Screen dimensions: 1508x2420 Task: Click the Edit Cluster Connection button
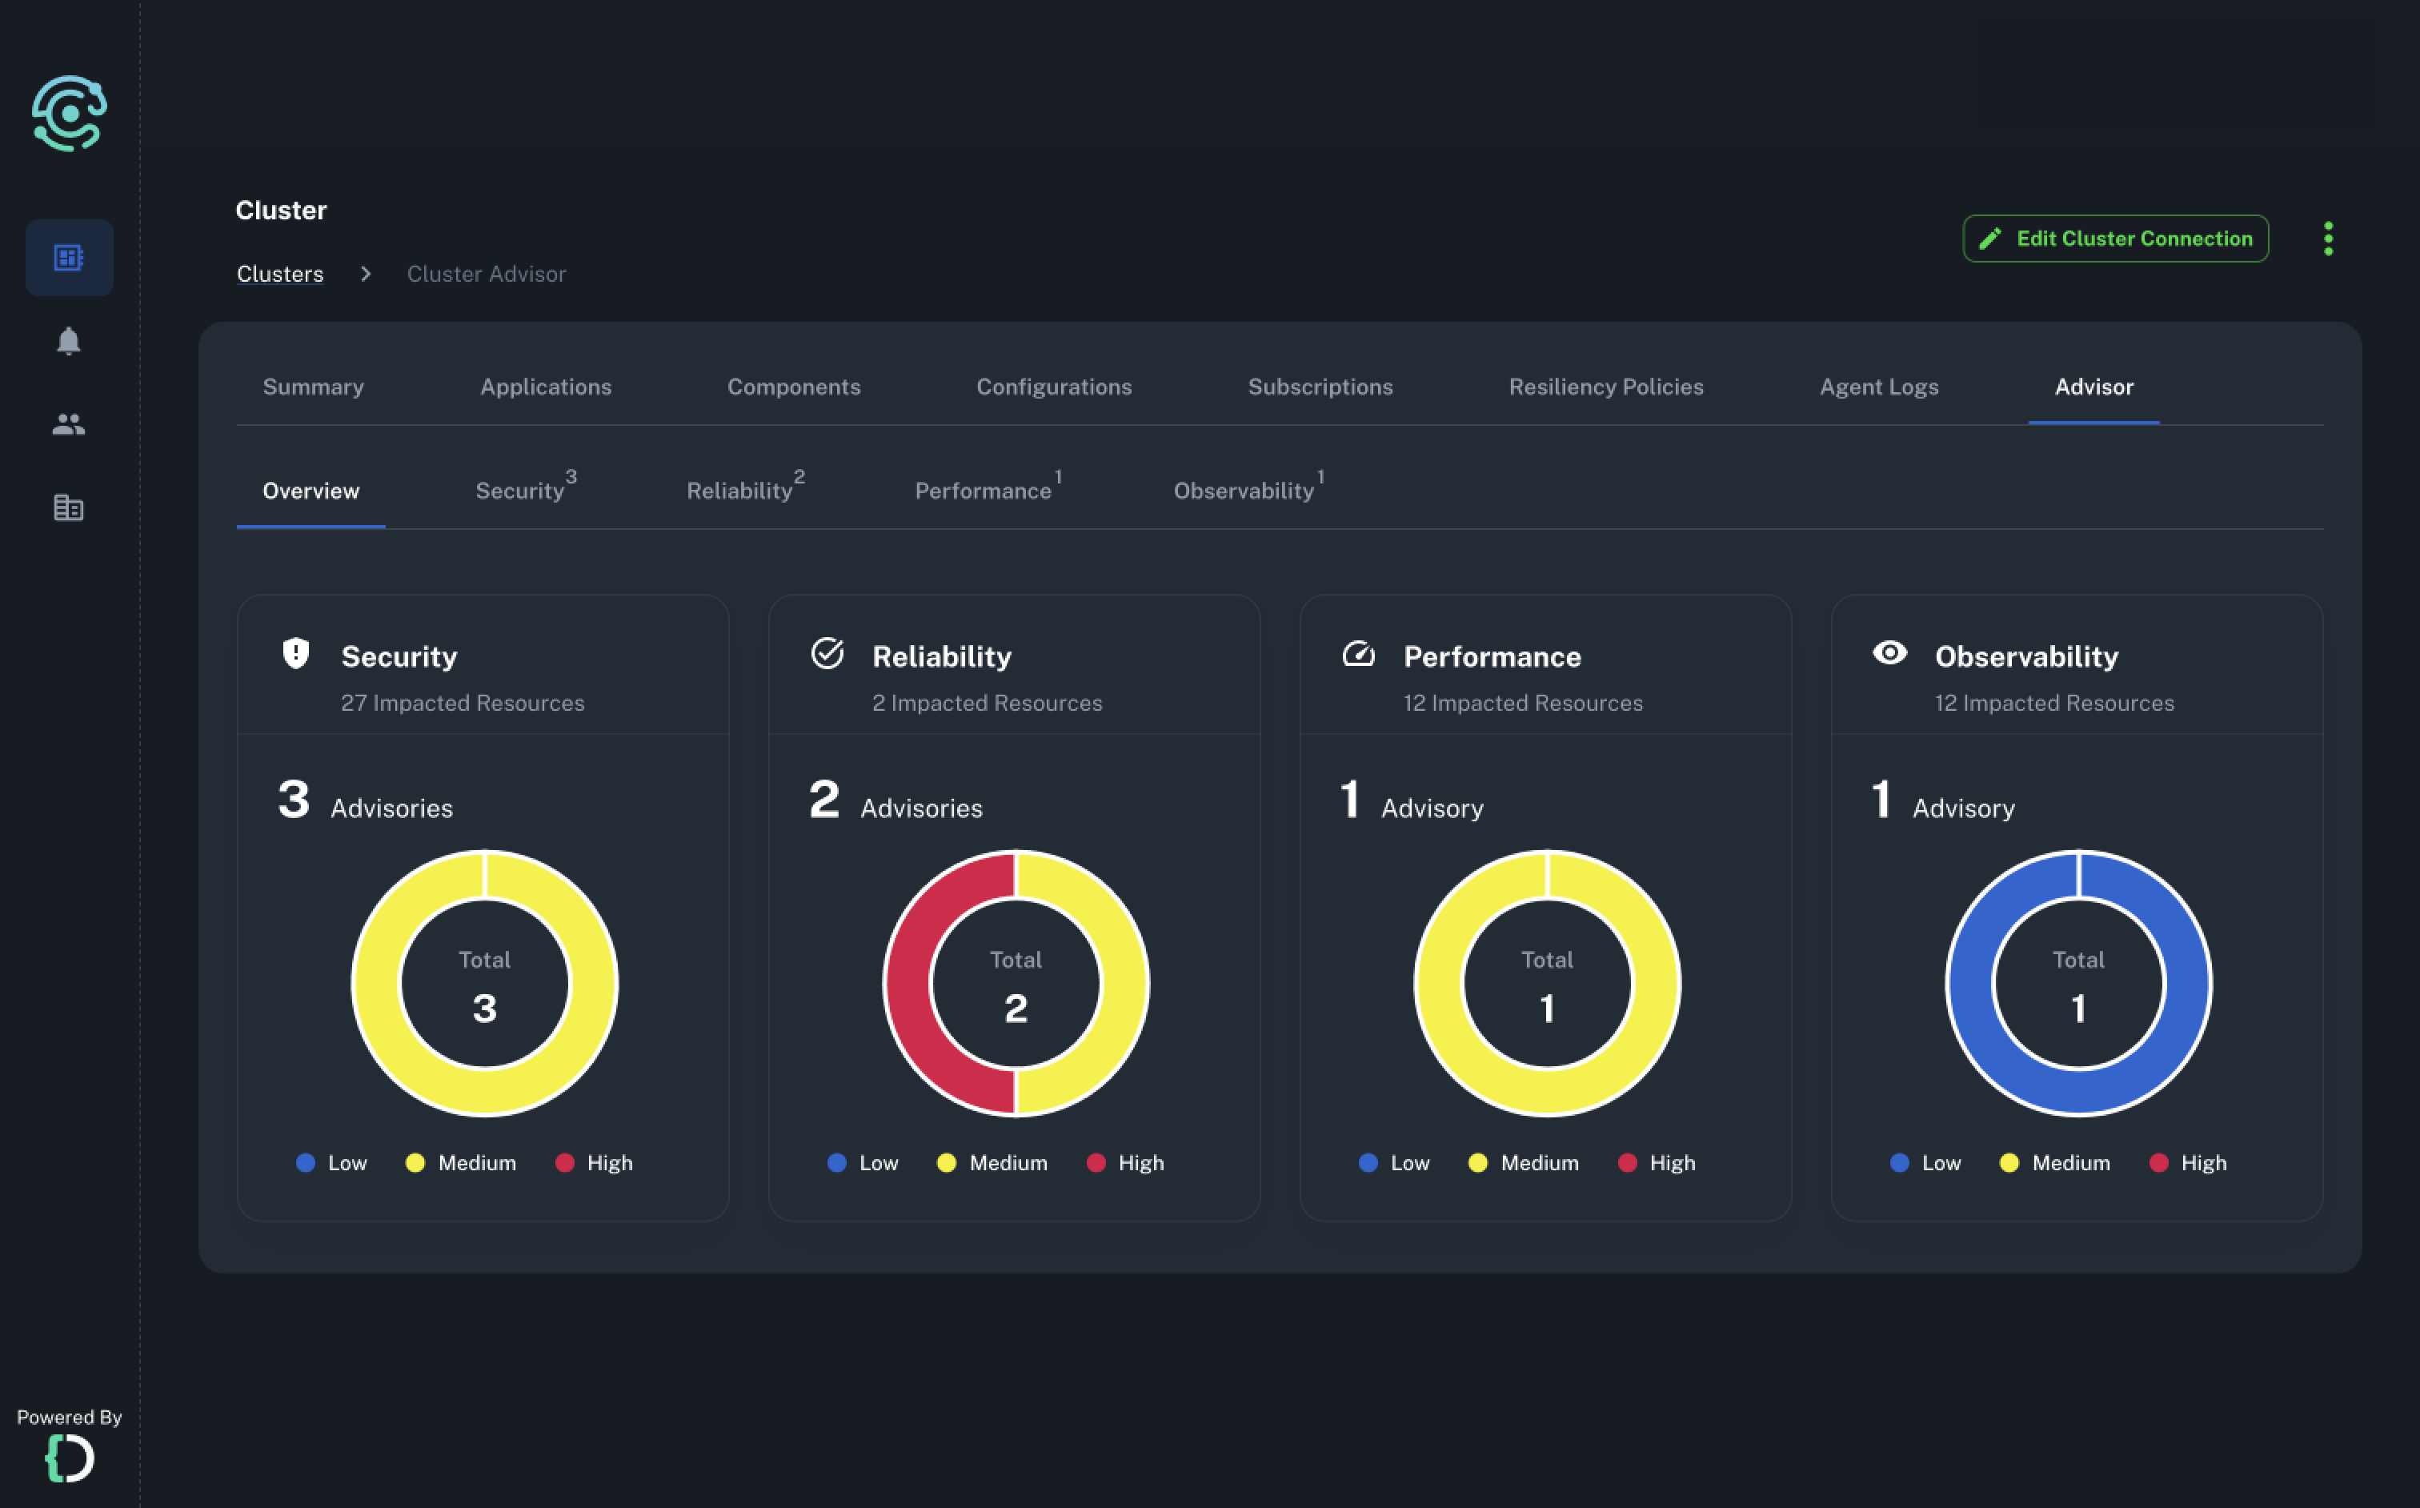[2115, 239]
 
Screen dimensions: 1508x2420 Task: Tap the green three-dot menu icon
[2328, 239]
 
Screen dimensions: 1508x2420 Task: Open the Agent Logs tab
[1878, 387]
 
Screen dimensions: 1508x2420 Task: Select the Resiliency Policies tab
[1605, 387]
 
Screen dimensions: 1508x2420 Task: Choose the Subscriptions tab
[1320, 387]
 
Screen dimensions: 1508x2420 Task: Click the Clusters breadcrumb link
[280, 275]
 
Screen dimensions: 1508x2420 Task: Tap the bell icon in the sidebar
[68, 341]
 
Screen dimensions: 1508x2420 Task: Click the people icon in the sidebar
[68, 425]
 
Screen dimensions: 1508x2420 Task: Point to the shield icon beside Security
[296, 653]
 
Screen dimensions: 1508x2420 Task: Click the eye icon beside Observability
[1889, 653]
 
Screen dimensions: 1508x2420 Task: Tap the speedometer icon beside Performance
[1358, 654]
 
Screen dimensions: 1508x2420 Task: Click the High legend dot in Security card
[564, 1163]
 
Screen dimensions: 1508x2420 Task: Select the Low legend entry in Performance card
[1394, 1163]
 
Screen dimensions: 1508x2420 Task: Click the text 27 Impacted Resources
[463, 703]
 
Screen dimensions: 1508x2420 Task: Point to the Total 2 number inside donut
[1015, 1009]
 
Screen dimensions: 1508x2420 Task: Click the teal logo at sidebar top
[69, 114]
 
